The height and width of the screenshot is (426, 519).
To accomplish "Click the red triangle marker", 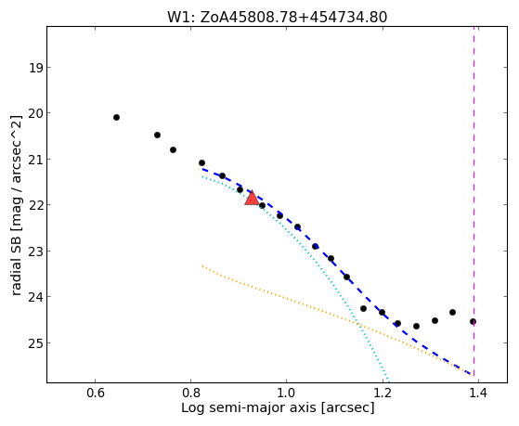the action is pyautogui.click(x=252, y=198).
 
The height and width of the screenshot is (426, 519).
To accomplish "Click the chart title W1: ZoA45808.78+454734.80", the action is pyautogui.click(x=277, y=17).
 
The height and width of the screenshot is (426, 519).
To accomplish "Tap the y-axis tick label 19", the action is pyautogui.click(x=35, y=68).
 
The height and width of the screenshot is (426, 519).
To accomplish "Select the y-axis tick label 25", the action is pyautogui.click(x=35, y=343).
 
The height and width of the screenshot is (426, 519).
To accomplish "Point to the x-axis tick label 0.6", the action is pyautogui.click(x=96, y=393).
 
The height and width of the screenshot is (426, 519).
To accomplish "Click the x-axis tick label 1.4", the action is pyautogui.click(x=478, y=393).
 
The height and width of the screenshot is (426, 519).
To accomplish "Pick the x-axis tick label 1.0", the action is pyautogui.click(x=287, y=393).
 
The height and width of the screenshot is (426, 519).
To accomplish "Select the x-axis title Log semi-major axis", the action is pyautogui.click(x=249, y=407).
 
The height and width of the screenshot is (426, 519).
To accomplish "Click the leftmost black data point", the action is pyautogui.click(x=116, y=118).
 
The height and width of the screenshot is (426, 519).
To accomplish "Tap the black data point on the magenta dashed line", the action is pyautogui.click(x=473, y=321).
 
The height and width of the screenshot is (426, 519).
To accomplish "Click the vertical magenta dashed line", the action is pyautogui.click(x=474, y=201).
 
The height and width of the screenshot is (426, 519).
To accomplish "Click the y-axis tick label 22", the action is pyautogui.click(x=35, y=205).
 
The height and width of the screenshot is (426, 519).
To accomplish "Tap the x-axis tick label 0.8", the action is pyautogui.click(x=191, y=393).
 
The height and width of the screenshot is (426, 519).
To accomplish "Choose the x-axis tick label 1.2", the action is pyautogui.click(x=383, y=393).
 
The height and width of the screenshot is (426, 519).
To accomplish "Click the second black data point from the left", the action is pyautogui.click(x=157, y=136).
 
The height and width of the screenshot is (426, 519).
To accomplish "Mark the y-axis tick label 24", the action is pyautogui.click(x=35, y=297).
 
